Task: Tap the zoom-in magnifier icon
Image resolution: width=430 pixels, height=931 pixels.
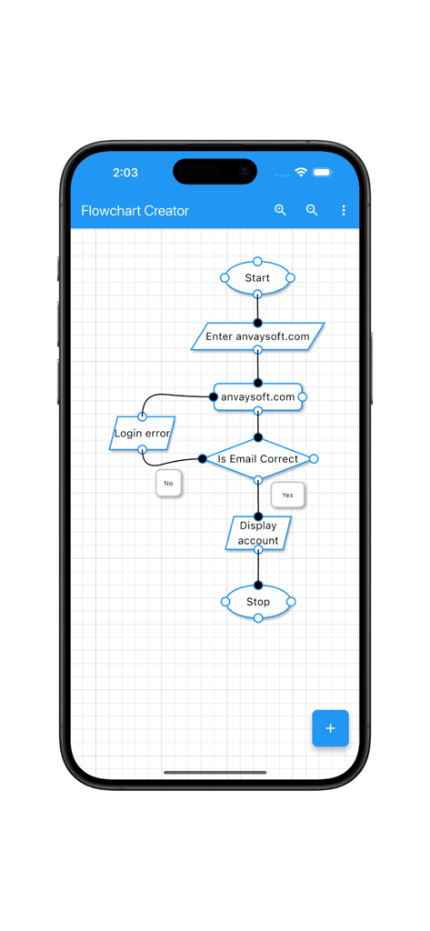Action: point(280,210)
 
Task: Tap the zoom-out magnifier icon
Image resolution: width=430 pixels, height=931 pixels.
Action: point(312,210)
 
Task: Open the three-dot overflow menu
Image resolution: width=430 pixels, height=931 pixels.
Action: point(343,210)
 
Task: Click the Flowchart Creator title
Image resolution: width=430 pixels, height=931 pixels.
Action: point(135,211)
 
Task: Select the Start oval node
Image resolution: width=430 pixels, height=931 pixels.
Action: point(257,278)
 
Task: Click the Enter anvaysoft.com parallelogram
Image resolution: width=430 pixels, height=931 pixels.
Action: point(257,336)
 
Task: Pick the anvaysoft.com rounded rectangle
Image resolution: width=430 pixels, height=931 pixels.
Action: point(258,397)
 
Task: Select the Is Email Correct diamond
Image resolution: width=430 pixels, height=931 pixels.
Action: point(258,459)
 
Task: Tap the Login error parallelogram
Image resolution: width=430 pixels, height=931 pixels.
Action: point(142,434)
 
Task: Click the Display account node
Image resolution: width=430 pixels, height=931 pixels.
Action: point(258,534)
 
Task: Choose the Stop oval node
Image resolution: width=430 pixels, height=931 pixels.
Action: point(258,602)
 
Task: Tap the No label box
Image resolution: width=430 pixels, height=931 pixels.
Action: point(168,484)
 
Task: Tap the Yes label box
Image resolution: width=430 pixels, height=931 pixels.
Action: point(287,496)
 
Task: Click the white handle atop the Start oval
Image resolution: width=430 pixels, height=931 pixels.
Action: point(258,262)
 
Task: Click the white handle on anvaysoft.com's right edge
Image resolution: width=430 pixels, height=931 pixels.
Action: point(303,397)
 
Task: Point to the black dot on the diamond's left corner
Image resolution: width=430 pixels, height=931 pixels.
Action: point(203,459)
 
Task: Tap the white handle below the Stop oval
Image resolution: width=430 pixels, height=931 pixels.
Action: point(258,618)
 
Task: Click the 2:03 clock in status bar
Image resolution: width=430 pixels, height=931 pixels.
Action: point(125,173)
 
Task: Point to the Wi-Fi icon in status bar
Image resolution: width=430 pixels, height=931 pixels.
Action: point(301,173)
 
